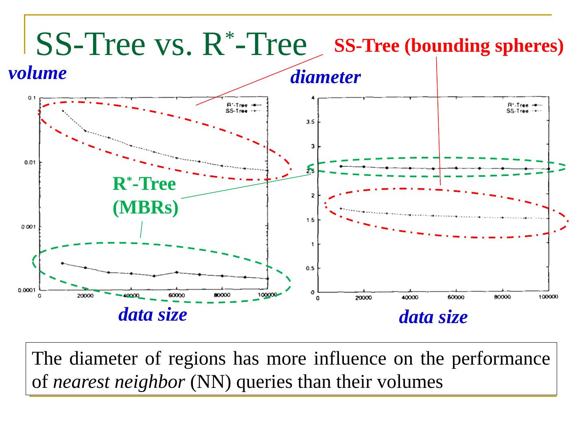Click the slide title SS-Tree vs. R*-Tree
tap(171, 45)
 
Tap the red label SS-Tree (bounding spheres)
tap(448, 46)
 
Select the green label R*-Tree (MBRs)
tap(145, 196)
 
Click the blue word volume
tap(37, 74)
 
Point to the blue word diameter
tap(325, 77)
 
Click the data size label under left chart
tap(153, 315)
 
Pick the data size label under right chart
tap(433, 317)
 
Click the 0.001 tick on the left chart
tap(29, 227)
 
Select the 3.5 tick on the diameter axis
tap(310, 122)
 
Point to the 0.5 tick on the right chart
tap(310, 268)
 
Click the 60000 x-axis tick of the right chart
tap(456, 297)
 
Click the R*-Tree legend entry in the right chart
tap(518, 106)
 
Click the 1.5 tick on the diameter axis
tap(310, 220)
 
